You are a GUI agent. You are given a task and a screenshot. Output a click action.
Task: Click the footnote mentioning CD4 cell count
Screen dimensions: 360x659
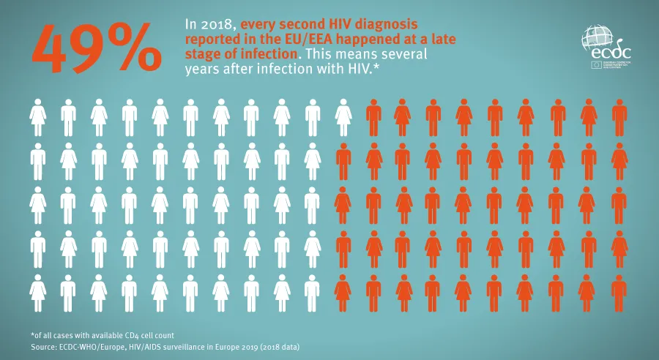pyautogui.click(x=102, y=334)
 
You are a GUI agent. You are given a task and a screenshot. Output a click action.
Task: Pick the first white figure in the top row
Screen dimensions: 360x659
pyautogui.click(x=38, y=117)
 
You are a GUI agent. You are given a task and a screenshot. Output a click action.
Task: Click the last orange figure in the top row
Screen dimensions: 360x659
pyautogui.click(x=619, y=117)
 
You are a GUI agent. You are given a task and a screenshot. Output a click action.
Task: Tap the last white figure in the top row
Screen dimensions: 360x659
pyautogui.click(x=343, y=117)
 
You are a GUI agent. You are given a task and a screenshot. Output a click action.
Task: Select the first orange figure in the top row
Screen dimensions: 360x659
pyautogui.click(x=373, y=117)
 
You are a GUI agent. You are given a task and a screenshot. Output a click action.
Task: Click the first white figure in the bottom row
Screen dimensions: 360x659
pyautogui.click(x=38, y=293)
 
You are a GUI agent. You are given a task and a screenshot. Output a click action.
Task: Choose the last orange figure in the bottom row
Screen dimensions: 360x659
pyautogui.click(x=619, y=293)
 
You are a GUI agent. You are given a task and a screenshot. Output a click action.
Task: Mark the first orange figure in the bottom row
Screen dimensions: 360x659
pyautogui.click(x=343, y=293)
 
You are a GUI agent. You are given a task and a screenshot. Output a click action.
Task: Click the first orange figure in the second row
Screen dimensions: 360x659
pyautogui.click(x=343, y=161)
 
